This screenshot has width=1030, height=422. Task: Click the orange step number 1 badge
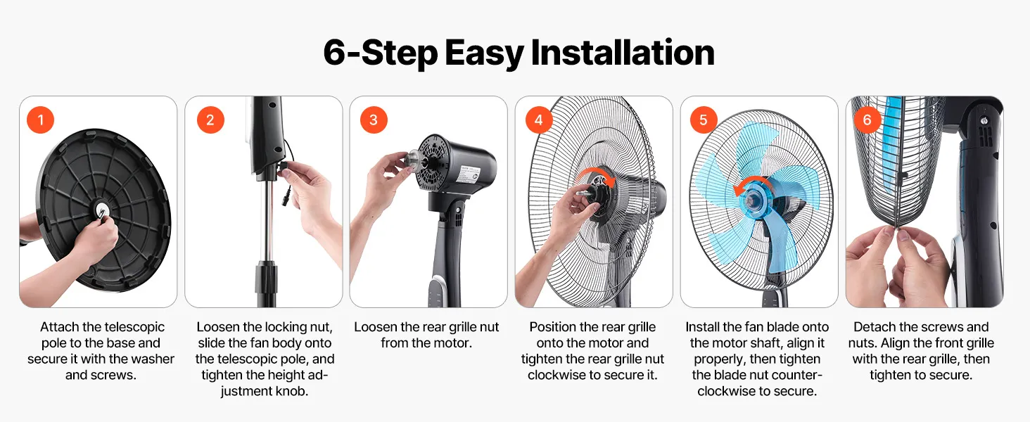click(41, 120)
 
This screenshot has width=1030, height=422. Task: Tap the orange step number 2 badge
click(210, 120)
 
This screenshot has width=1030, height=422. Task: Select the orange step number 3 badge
click(374, 120)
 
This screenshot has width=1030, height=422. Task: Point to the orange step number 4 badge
click(538, 120)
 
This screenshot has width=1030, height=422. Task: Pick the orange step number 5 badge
click(704, 120)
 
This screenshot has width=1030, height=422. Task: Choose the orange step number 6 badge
click(867, 120)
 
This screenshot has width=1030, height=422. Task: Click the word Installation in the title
click(623, 53)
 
